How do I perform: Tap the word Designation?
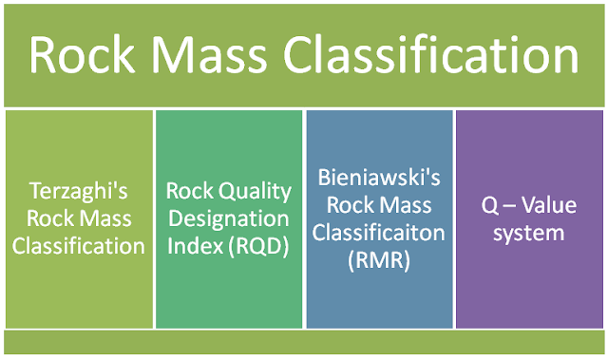[x=228, y=218]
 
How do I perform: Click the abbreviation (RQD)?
[x=256, y=246]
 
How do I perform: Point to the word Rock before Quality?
[x=188, y=189]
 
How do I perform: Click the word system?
[x=530, y=232]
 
